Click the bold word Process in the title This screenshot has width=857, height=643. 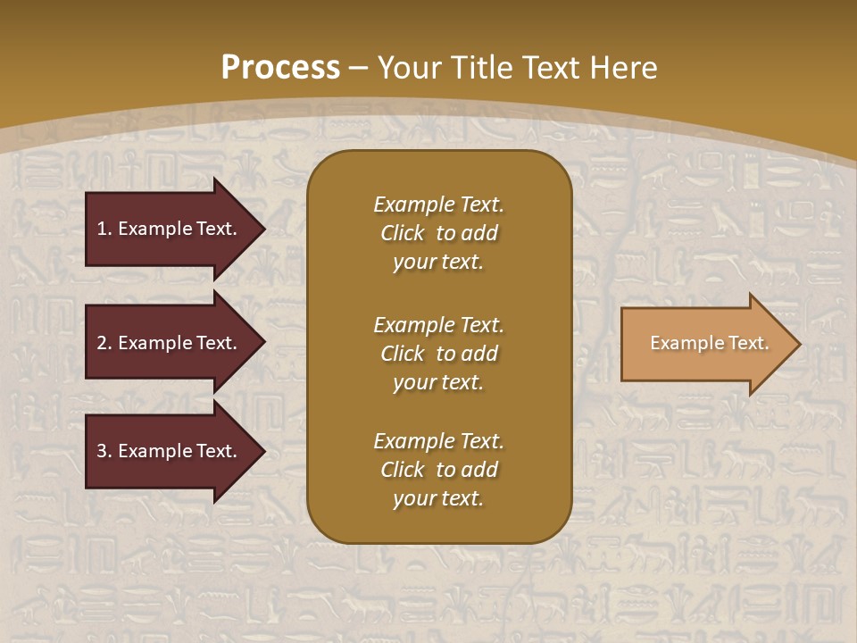280,68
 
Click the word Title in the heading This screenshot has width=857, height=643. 482,68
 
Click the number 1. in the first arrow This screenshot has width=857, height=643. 104,229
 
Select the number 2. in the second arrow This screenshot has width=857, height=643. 104,343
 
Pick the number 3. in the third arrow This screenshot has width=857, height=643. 104,451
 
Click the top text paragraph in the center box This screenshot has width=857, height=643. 438,233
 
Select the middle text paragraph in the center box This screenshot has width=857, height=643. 438,354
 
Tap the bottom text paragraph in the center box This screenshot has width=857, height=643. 438,470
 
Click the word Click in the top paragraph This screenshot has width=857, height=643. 402,233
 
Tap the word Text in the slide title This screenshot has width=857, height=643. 545,68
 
